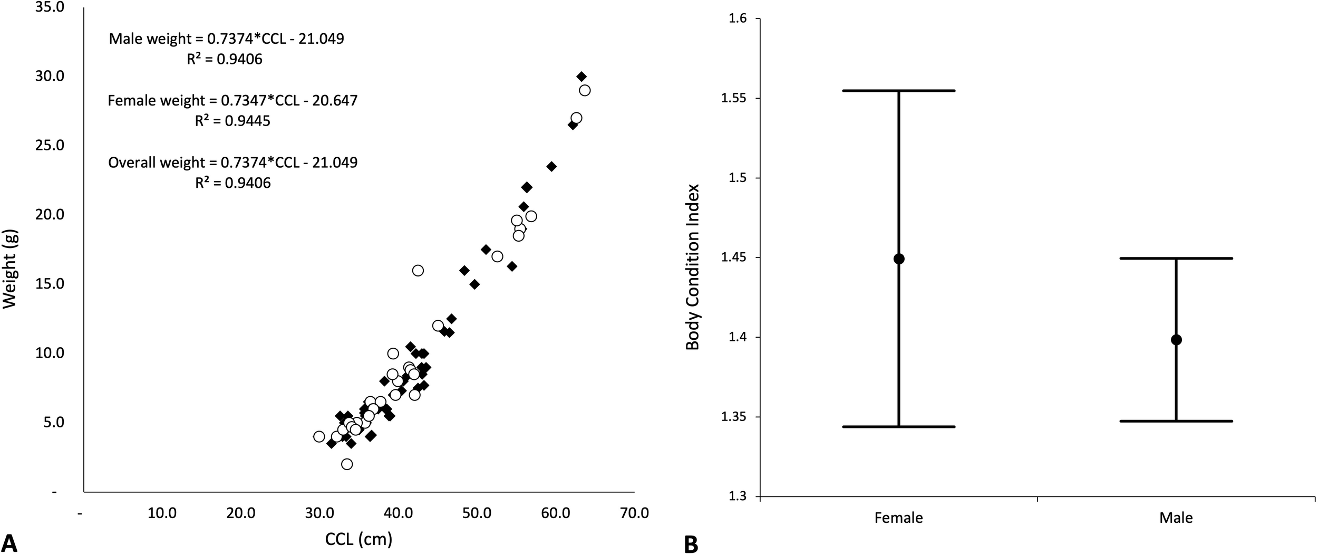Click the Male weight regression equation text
coord(226,39)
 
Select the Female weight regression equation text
coord(232,100)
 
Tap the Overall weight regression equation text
coord(232,162)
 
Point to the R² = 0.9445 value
coord(232,121)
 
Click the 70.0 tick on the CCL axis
coord(634,513)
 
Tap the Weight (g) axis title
coord(9,263)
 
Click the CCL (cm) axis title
coord(358,539)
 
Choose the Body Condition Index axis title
coord(692,266)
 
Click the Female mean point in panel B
coord(899,259)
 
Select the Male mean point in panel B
coord(1176,340)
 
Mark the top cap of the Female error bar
coord(899,91)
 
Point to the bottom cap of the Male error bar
coord(1176,421)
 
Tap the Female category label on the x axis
coord(898,518)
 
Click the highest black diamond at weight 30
coord(582,77)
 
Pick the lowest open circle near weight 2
coord(347,464)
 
